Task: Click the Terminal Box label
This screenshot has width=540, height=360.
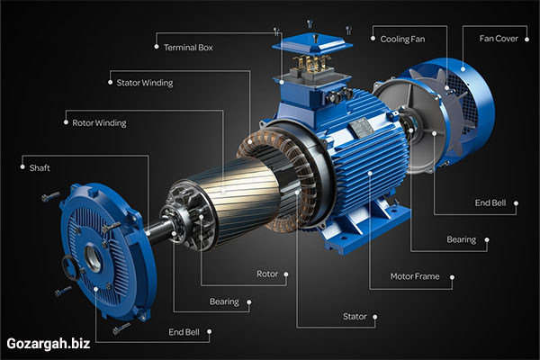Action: [188, 47]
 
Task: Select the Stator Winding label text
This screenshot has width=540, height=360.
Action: [145, 83]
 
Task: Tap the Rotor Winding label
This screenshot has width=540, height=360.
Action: [99, 123]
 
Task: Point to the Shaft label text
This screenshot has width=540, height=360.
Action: [40, 167]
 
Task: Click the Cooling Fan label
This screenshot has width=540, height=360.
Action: [402, 40]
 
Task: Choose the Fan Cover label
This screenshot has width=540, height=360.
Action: [499, 39]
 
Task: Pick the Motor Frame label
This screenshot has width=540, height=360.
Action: [415, 276]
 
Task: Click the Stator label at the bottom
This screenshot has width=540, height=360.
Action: [355, 316]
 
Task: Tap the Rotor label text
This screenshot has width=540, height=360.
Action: [267, 274]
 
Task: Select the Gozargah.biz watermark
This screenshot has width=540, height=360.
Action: [49, 344]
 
